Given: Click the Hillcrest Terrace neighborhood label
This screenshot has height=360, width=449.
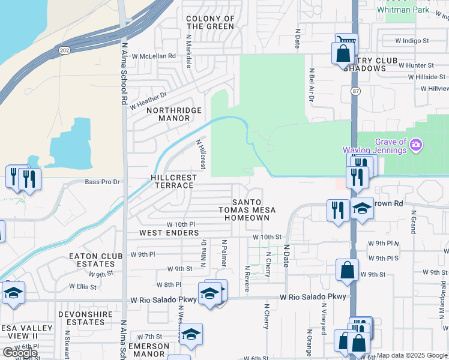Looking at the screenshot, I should tap(172, 181).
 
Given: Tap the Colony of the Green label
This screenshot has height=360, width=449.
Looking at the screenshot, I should tap(210, 23).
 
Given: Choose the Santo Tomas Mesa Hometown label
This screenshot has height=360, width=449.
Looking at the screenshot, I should tap(247, 209).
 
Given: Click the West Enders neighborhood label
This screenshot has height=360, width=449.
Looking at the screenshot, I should tap(169, 233).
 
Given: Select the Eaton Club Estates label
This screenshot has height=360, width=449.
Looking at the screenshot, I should tap(92, 260).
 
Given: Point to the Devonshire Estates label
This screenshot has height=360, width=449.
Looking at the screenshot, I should tap(82, 318).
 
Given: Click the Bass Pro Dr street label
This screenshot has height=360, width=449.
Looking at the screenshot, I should tap(103, 182).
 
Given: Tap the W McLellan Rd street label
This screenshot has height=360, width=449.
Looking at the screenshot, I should tap(154, 56).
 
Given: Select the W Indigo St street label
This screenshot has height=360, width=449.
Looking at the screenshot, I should tap(412, 41).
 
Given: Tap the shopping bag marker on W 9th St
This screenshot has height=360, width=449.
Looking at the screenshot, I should tap(347, 270).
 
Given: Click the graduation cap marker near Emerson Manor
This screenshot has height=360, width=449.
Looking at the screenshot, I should tap(191, 334).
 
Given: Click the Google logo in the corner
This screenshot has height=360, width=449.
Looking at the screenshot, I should tap(20, 353).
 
